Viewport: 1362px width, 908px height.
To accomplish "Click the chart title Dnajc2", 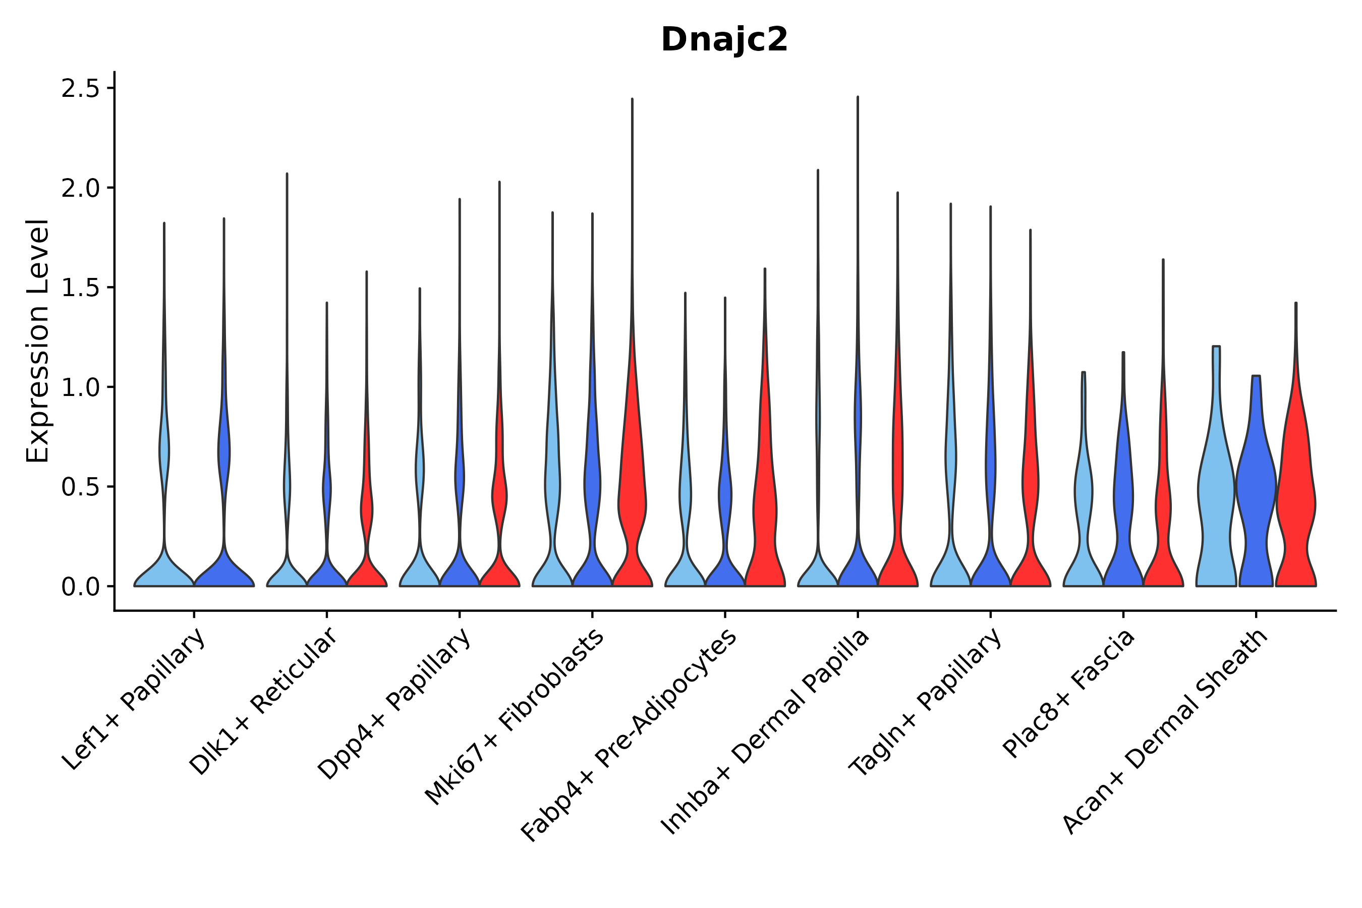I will point(724,40).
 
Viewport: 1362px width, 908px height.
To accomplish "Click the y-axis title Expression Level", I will point(38,340).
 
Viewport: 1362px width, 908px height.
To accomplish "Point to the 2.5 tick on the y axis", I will point(87,89).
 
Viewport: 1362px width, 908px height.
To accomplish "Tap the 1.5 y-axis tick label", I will point(87,288).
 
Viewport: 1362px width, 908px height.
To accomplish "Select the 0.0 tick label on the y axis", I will point(87,587).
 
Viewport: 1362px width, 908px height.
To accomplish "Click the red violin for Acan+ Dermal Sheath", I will point(1296,492).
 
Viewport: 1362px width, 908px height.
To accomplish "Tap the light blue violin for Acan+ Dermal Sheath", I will point(1216,492).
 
